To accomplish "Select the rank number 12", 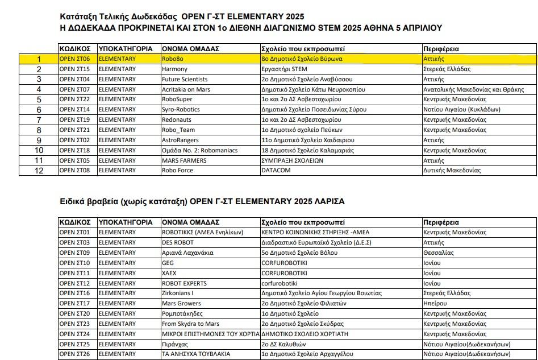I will coord(39,171).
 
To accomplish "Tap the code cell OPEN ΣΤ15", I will coord(74,69).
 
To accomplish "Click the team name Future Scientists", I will coord(185,80).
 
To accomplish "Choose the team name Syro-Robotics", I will coord(181,110).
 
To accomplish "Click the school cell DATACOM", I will coord(276,171).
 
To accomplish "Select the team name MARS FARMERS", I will coord(184,160).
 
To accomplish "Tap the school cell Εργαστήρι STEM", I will coord(284,69).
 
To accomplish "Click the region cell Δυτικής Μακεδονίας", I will coord(452,171).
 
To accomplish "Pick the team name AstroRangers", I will coord(180,140).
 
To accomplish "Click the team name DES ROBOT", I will coord(178,243).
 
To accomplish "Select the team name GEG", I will coord(168,263).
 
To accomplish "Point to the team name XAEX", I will coord(169,274).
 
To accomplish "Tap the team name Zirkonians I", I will coord(178,293).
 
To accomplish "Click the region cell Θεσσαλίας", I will coord(438,253).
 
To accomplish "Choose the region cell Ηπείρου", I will coord(436,304).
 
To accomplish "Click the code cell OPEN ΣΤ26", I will coord(74,354).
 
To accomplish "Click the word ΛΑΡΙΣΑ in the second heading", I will coord(326,201).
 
